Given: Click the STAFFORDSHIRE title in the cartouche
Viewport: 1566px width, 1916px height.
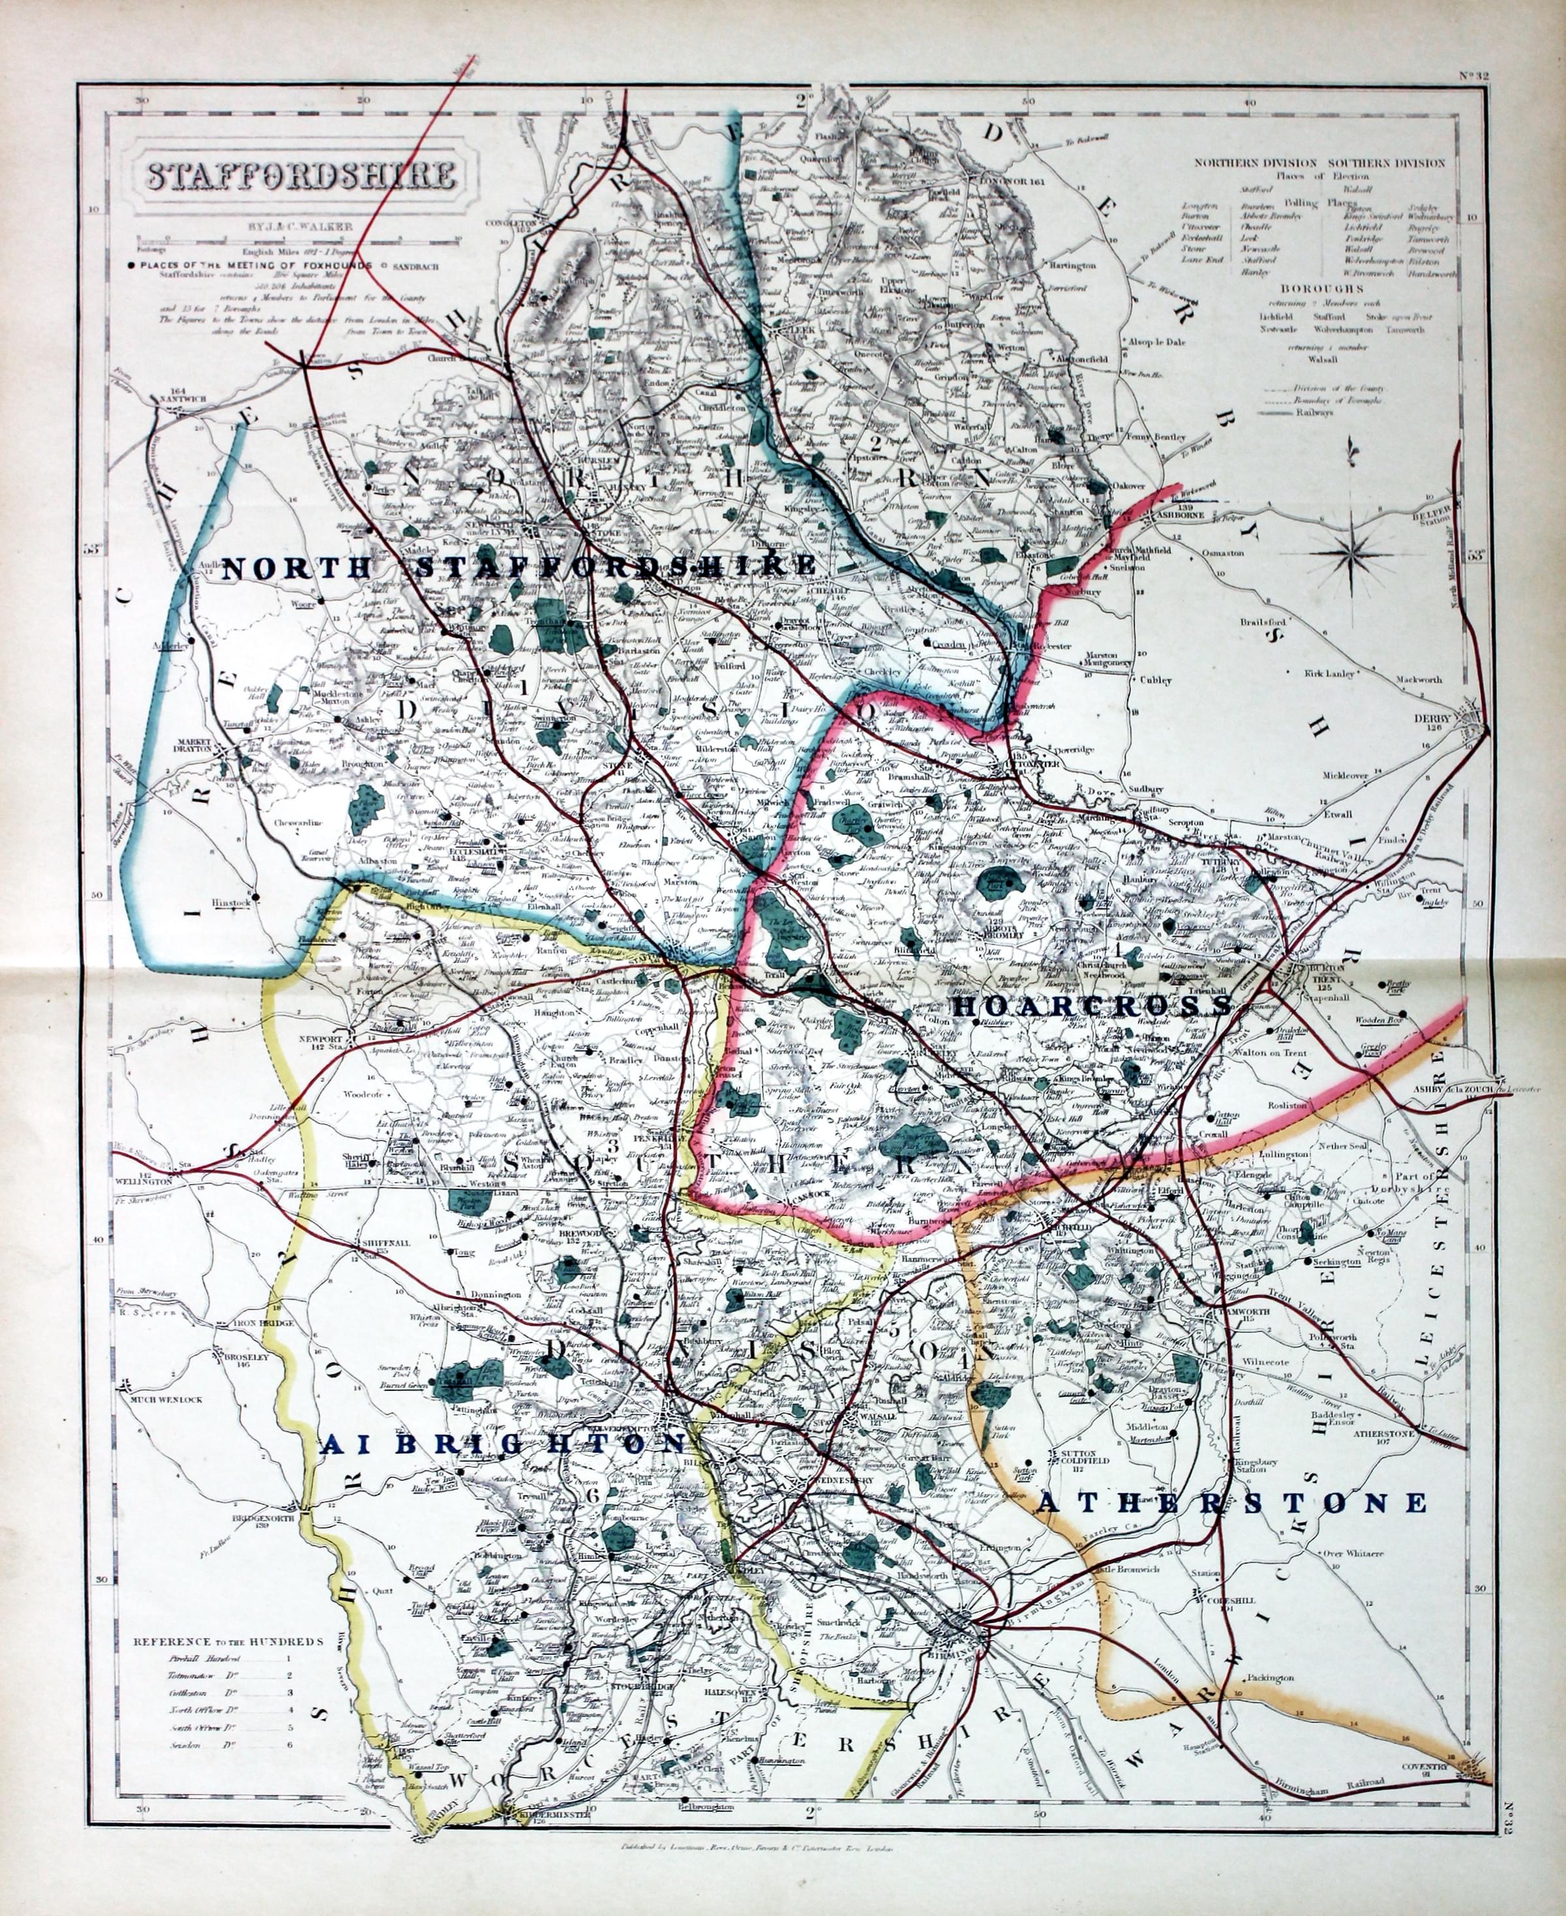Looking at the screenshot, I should click(301, 175).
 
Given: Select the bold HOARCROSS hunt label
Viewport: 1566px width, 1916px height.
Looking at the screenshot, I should click(1092, 1005).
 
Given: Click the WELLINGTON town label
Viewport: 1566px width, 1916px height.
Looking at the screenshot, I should click(144, 1180).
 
